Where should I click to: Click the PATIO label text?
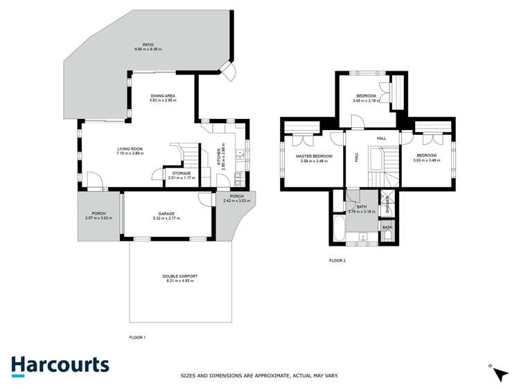(144, 44)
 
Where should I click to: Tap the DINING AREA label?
(163, 96)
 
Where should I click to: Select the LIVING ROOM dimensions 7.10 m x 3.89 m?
(129, 153)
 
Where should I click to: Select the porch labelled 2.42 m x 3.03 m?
(233, 199)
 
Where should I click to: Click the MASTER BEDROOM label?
(314, 156)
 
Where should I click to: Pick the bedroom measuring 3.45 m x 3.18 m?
(366, 96)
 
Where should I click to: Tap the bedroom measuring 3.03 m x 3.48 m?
(426, 156)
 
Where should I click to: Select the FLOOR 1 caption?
(138, 337)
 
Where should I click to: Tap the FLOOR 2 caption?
(337, 261)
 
